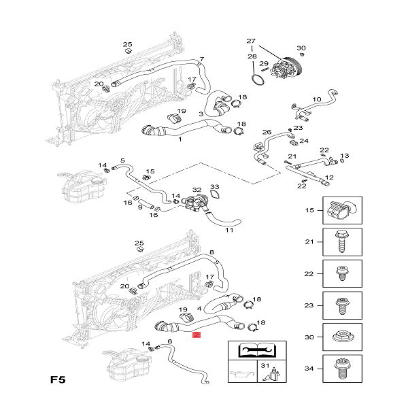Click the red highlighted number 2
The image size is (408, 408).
(x=197, y=335)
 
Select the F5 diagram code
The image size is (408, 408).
(x=58, y=379)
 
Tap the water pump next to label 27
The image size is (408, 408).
(x=285, y=68)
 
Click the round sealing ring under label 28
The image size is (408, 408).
(x=258, y=80)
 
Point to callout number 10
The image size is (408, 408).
(x=317, y=99)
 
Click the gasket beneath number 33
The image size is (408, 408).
(x=215, y=194)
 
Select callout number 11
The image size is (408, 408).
(x=229, y=230)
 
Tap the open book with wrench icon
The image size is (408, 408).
(x=257, y=350)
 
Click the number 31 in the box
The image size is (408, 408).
(x=265, y=366)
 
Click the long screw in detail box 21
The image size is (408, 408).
(x=342, y=241)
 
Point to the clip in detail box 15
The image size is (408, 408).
(x=341, y=209)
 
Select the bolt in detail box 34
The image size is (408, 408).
(x=342, y=369)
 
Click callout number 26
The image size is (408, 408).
(x=267, y=132)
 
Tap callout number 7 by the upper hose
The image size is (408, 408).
(x=202, y=59)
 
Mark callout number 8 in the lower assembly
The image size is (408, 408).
(x=211, y=252)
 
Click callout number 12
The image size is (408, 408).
(x=329, y=177)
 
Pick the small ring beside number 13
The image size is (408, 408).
(x=342, y=160)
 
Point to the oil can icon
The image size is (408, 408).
(x=241, y=374)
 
